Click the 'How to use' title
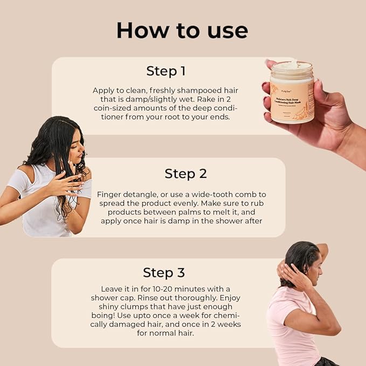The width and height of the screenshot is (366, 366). click(x=182, y=30)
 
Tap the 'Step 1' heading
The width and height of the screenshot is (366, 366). click(x=166, y=71)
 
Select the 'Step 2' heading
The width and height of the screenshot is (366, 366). click(x=185, y=174)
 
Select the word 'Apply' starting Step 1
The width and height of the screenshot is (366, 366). click(x=103, y=90)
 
